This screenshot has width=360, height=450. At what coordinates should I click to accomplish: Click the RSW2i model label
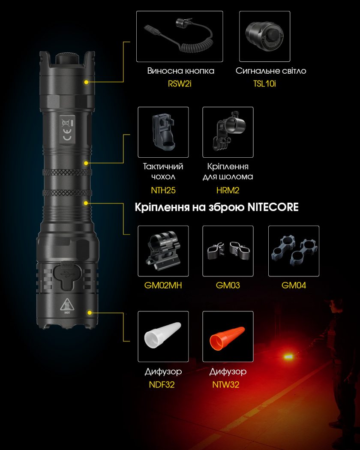pyautogui.click(x=180, y=84)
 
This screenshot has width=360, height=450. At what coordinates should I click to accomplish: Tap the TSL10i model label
pyautogui.click(x=264, y=84)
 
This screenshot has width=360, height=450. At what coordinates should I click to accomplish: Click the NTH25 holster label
pyautogui.click(x=163, y=190)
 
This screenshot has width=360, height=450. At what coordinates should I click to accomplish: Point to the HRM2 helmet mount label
pyautogui.click(x=228, y=190)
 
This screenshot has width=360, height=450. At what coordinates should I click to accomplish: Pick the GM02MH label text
pyautogui.click(x=163, y=285)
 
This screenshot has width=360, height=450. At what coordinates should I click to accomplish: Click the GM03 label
pyautogui.click(x=228, y=285)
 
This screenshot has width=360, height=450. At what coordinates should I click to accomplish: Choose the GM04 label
pyautogui.click(x=294, y=285)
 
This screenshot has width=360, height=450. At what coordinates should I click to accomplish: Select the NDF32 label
pyautogui.click(x=162, y=384)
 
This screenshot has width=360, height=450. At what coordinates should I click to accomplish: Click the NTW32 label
pyautogui.click(x=226, y=384)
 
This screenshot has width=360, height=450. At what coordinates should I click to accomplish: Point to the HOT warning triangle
pyautogui.click(x=67, y=305)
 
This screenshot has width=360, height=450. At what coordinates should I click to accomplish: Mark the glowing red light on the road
pyautogui.click(x=288, y=357)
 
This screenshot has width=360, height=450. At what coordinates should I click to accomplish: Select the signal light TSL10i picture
pyautogui.click(x=264, y=36)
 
